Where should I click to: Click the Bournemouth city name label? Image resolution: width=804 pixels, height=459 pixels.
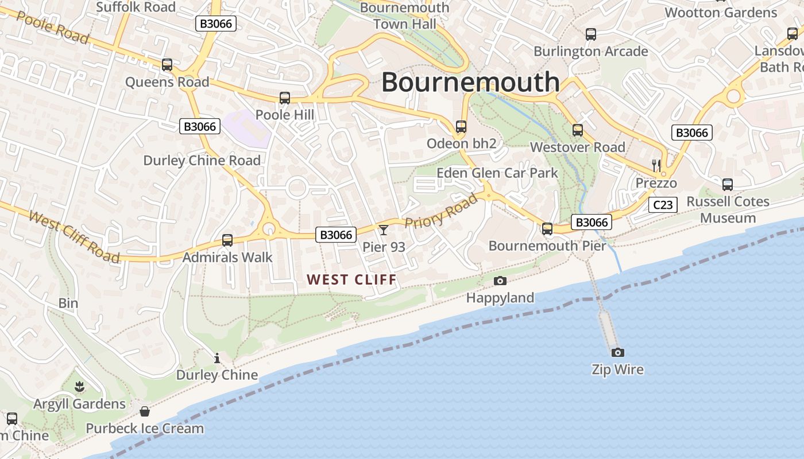(470, 81)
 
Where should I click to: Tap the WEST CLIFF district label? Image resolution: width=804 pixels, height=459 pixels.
(351, 279)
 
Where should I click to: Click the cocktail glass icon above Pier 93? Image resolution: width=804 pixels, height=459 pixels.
(384, 230)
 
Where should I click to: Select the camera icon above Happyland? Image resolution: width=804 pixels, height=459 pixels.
(500, 281)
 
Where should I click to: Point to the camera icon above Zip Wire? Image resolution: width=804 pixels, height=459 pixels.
(617, 352)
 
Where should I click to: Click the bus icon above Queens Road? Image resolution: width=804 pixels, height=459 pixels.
(167, 65)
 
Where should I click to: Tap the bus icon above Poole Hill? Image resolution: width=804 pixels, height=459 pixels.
(285, 98)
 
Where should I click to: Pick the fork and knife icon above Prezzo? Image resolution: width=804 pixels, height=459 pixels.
(656, 166)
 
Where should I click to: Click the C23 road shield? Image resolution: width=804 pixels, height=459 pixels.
(663, 205)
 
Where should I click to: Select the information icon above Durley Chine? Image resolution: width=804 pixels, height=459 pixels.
(217, 359)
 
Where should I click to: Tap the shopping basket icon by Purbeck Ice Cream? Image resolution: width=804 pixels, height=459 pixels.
(145, 411)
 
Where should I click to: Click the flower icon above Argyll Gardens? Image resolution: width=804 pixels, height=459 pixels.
(79, 387)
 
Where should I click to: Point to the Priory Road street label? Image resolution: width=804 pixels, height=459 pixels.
(441, 211)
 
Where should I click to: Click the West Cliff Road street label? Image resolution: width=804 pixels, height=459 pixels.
(74, 236)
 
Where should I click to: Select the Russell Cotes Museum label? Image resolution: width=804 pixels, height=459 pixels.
(728, 209)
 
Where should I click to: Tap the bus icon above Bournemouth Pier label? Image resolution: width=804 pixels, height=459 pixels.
(547, 229)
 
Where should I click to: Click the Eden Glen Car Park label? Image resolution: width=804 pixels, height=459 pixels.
(497, 173)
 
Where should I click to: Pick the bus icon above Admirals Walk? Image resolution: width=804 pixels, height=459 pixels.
(227, 240)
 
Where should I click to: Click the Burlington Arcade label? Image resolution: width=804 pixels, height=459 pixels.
(590, 51)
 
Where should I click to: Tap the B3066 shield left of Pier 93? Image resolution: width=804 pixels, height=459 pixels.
(336, 234)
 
